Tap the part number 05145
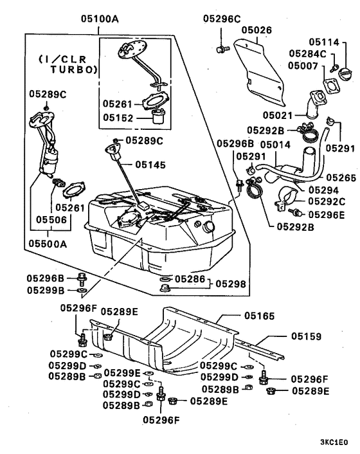(150, 165)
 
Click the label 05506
(48, 219)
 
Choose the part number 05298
(230, 283)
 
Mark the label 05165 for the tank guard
(260, 316)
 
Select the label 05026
(256, 30)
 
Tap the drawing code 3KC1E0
(334, 442)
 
